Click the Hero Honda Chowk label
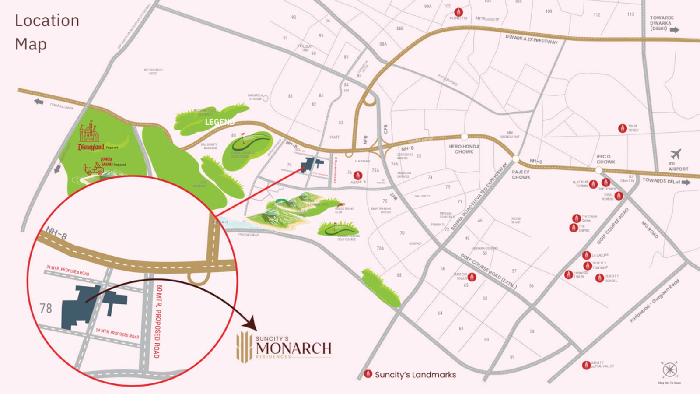tap(464, 149)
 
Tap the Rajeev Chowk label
tap(521, 175)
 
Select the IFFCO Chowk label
tap(605, 159)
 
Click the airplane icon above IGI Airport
tap(675, 154)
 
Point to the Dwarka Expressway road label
tap(532, 39)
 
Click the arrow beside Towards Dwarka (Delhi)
tap(675, 30)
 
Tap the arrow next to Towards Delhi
tap(686, 182)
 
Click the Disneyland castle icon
tap(89, 132)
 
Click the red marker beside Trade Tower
tap(622, 128)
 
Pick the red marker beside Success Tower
tap(472, 277)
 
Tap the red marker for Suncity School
tap(599, 278)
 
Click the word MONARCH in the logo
tap(294, 348)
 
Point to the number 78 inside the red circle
tap(46, 308)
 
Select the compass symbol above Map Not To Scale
tap(669, 370)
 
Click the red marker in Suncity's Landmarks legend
tap(368, 374)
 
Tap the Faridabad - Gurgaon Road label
tap(654, 301)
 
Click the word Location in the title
tap(47, 21)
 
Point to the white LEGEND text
tap(220, 122)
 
